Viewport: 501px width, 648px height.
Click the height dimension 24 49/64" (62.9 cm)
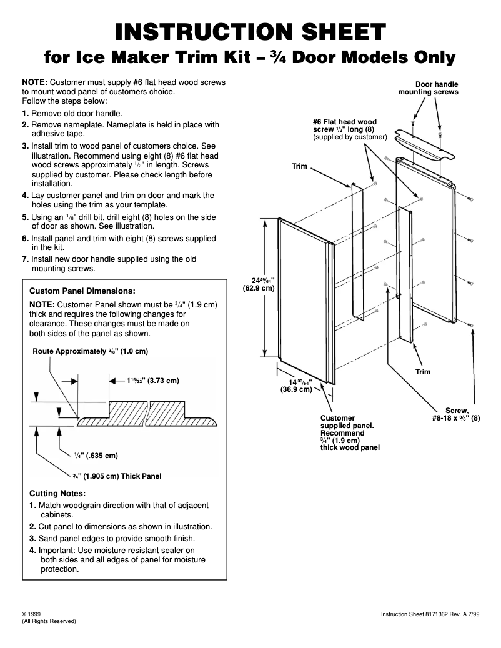[258, 284]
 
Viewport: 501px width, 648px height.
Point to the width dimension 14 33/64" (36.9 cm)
[295, 386]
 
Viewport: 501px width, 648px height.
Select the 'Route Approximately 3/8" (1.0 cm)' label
[90, 351]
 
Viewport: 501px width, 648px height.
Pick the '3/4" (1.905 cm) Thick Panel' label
[116, 476]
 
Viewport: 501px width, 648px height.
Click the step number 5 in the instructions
[25, 217]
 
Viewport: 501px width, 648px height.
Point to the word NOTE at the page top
[34, 82]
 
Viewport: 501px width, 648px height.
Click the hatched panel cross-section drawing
[148, 413]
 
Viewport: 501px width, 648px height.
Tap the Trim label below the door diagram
[423, 372]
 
